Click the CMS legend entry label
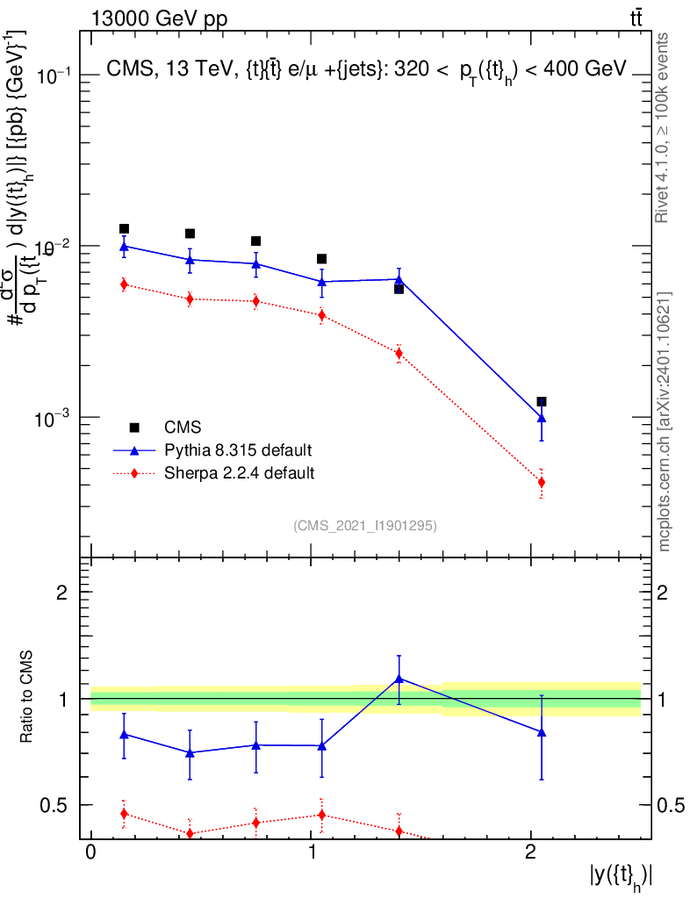(183, 428)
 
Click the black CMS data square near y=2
(542, 401)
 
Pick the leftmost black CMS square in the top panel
(124, 229)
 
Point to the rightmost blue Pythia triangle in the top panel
(542, 419)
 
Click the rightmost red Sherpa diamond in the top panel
(542, 482)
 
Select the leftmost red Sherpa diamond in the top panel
(124, 284)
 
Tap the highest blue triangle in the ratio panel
(399, 679)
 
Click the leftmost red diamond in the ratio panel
(124, 814)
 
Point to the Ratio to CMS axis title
(26, 698)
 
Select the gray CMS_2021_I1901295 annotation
(365, 525)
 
